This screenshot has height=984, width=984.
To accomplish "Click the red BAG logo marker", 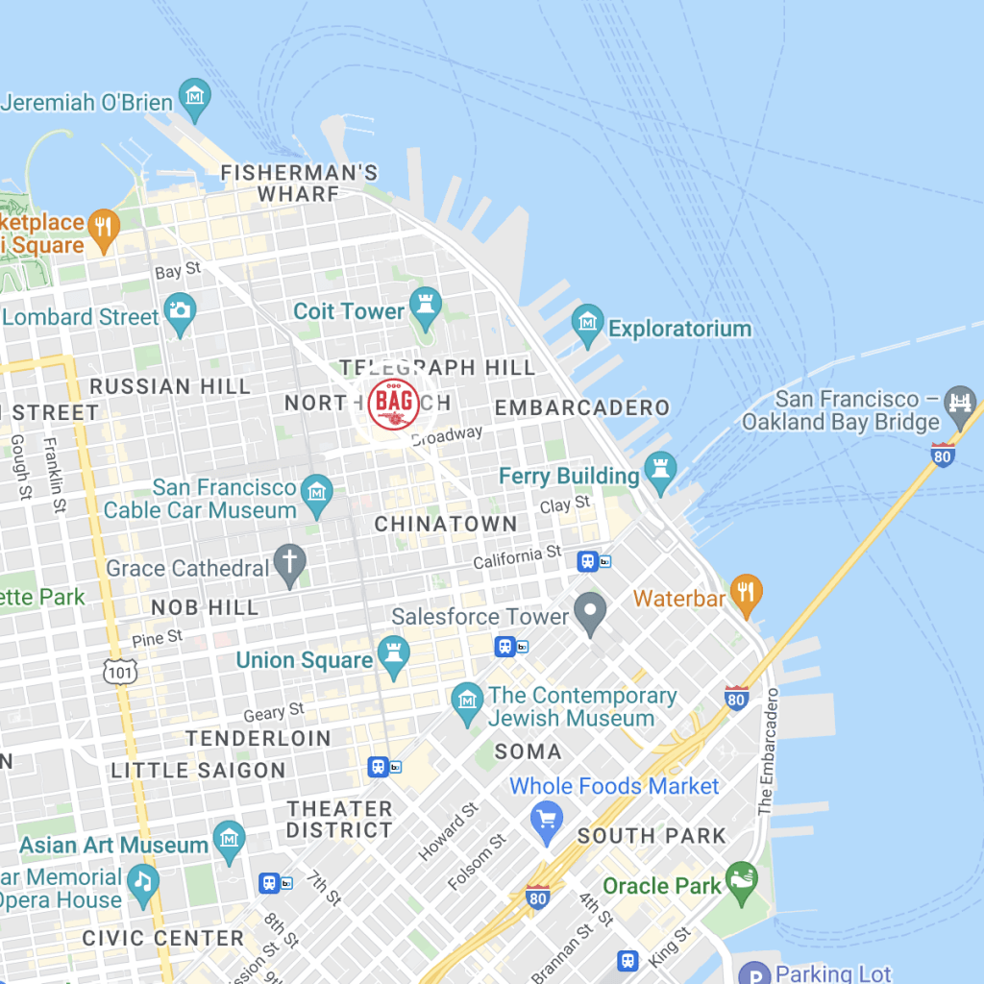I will pyautogui.click(x=393, y=406).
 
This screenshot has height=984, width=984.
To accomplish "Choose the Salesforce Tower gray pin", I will pyautogui.click(x=590, y=611).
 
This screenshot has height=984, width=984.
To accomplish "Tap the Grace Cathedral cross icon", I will pyautogui.click(x=288, y=565).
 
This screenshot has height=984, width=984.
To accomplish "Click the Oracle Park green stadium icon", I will pyautogui.click(x=741, y=883).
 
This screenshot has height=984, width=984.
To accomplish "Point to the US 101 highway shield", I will pyautogui.click(x=121, y=672).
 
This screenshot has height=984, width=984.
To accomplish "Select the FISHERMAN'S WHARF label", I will pyautogui.click(x=299, y=183).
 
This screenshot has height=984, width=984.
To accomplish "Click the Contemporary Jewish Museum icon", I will pyautogui.click(x=467, y=703).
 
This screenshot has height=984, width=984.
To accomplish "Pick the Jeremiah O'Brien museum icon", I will pyautogui.click(x=195, y=99).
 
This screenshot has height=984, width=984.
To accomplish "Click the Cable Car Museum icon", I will pyautogui.click(x=316, y=495).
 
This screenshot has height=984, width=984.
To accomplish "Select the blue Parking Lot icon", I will pyautogui.click(x=754, y=972).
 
